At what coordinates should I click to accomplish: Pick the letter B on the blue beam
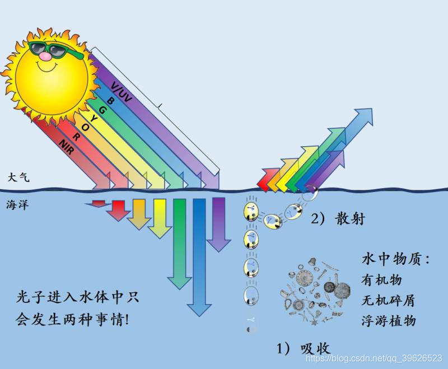110,100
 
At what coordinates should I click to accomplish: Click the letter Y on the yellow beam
94,118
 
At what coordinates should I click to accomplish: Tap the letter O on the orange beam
85,127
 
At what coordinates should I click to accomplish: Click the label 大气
18,177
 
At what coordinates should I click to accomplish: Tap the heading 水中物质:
395,260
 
